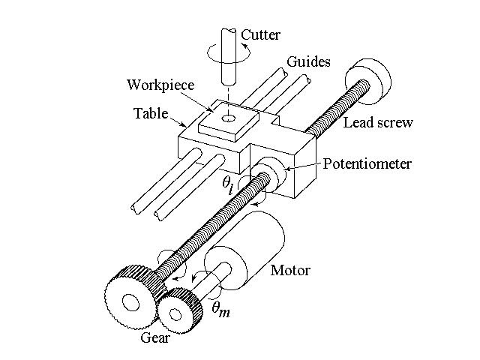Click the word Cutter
[262, 34]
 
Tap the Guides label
[309, 61]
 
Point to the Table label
[151, 114]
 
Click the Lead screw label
[378, 122]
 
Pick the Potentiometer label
[367, 163]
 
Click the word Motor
[290, 270]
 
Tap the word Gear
[156, 337]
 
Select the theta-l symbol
[231, 184]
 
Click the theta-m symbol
[220, 307]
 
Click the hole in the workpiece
[228, 118]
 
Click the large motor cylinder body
[255, 244]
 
